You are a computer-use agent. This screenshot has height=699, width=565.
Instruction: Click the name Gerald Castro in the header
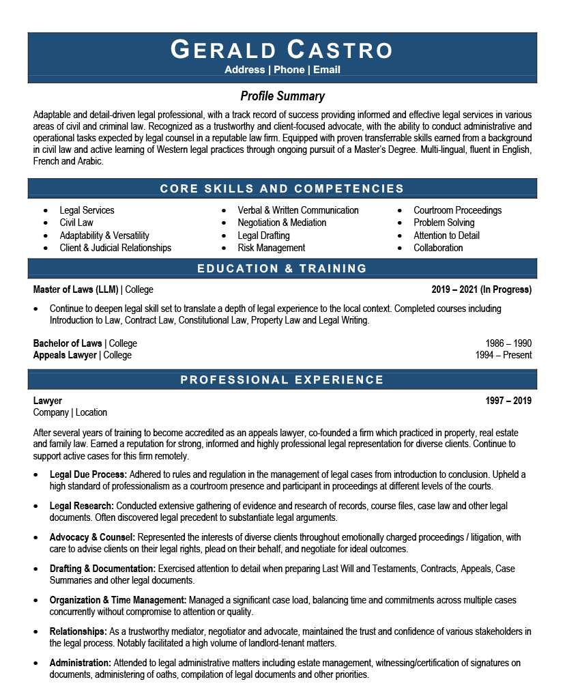[282, 50]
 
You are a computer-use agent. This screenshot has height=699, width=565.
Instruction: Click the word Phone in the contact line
[289, 70]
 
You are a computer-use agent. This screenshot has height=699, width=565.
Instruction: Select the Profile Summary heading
[282, 96]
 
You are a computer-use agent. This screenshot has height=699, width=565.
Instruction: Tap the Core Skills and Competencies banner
[282, 188]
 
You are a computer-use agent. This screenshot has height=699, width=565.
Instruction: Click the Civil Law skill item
[76, 223]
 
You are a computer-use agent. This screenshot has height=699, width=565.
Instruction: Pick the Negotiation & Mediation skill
[282, 223]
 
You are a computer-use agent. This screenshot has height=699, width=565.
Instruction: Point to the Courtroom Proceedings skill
[457, 210]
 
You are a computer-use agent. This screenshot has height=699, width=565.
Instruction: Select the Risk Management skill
[271, 248]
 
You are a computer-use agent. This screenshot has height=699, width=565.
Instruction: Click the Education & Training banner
[282, 269]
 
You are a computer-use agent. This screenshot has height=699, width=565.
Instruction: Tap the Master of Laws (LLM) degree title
[76, 289]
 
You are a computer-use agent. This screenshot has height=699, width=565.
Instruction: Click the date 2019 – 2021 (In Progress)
[481, 289]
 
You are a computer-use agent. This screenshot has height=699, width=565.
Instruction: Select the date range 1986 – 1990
[508, 343]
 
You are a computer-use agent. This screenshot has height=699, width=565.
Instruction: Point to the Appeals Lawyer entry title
[65, 355]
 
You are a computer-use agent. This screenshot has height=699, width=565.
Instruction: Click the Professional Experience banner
[282, 380]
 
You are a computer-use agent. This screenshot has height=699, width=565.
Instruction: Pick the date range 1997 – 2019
[508, 401]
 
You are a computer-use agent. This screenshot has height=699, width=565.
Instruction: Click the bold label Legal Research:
[82, 506]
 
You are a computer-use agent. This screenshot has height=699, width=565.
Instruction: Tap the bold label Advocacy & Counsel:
[92, 537]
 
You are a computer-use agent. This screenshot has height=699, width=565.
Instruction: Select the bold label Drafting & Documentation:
[102, 569]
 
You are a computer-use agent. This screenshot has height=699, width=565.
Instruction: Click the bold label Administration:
[80, 663]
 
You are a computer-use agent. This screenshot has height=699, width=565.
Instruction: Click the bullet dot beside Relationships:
[37, 632]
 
